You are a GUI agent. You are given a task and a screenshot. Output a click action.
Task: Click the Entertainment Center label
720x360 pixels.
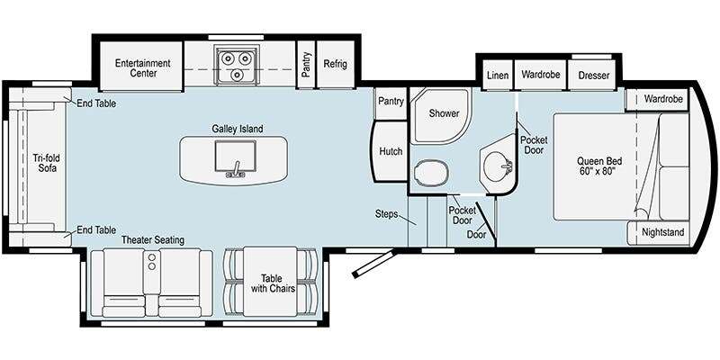[x=142, y=68]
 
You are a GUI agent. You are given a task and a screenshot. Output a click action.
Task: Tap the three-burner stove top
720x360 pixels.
[x=237, y=64]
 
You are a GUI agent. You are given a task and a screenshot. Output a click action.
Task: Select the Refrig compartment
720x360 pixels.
[x=335, y=64]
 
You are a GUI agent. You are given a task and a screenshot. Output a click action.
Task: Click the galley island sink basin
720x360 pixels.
[x=236, y=155]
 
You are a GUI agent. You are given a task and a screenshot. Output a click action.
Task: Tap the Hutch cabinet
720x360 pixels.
[x=390, y=151]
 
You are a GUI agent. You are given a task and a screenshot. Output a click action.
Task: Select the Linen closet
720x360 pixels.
[x=498, y=75]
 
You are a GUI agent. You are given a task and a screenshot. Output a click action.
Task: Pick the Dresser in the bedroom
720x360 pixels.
[x=593, y=75]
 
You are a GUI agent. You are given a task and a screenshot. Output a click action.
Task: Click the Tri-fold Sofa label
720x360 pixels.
[x=46, y=163]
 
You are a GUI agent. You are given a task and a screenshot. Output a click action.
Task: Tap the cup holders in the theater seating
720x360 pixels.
[x=152, y=262]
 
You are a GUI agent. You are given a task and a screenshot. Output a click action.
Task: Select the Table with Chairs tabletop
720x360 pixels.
[x=271, y=282]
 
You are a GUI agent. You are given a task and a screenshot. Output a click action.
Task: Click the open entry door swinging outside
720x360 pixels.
[x=373, y=264]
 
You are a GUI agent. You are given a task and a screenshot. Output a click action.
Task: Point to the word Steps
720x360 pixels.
[x=386, y=213]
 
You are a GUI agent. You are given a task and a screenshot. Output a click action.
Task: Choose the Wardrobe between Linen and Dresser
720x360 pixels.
[x=541, y=75]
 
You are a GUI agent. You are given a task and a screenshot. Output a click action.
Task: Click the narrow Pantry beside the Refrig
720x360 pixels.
[x=306, y=64]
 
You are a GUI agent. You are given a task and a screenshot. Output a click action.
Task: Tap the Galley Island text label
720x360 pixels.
[x=238, y=129]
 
